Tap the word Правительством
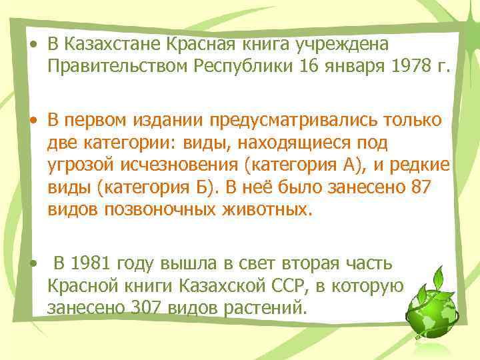tap(118, 67)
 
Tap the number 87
tap(422, 189)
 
